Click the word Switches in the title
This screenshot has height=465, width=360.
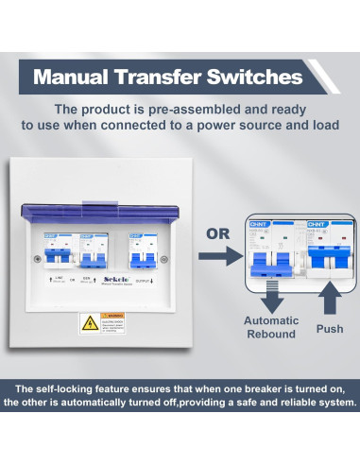point(256,75)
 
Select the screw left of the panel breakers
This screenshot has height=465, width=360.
point(36,259)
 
